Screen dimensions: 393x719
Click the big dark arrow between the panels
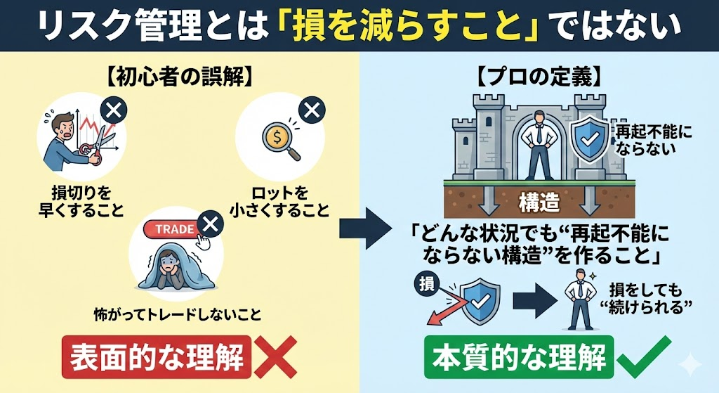(364, 229)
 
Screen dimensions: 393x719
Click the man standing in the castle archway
(539, 144)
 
